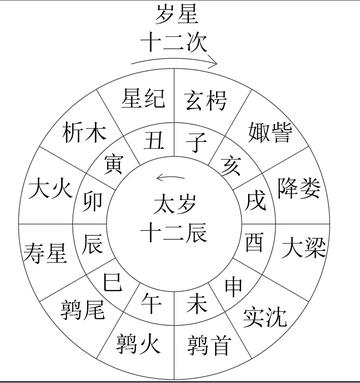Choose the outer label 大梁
[x=305, y=246]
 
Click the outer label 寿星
[x=46, y=250]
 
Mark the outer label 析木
[x=82, y=132]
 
